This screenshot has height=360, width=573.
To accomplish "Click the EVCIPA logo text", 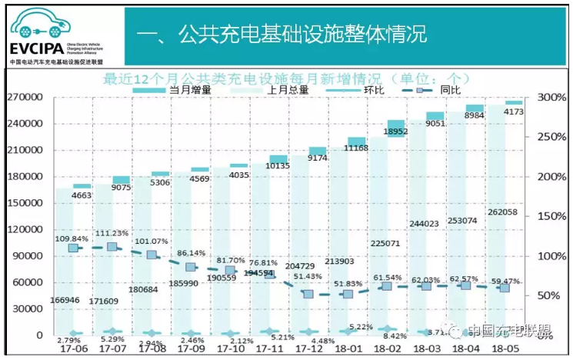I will [x=31, y=48].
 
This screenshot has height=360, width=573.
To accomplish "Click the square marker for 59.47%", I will [x=505, y=287].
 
